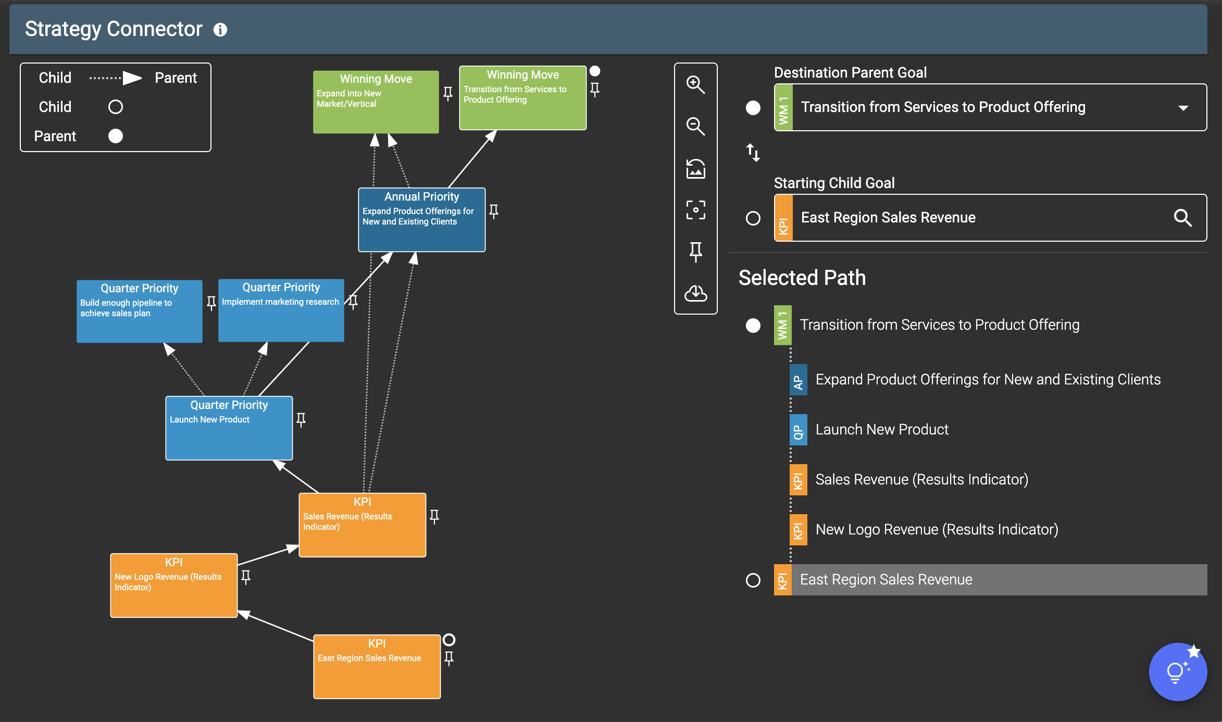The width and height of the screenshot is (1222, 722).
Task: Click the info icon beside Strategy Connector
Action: pyautogui.click(x=220, y=30)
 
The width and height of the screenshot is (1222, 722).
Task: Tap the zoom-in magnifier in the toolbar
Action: pyautogui.click(x=695, y=84)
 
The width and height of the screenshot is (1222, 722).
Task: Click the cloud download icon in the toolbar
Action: pyautogui.click(x=695, y=293)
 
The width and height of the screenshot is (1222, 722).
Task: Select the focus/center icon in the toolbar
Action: pyautogui.click(x=695, y=210)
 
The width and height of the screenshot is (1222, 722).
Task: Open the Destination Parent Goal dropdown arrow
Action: pyautogui.click(x=1183, y=108)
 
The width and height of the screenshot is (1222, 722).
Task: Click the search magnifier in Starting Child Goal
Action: pyautogui.click(x=1183, y=218)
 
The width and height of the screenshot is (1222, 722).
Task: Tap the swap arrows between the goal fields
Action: pyautogui.click(x=753, y=153)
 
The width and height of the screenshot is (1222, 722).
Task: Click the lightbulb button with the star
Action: pyautogui.click(x=1178, y=672)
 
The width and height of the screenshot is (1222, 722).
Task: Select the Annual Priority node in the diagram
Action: pyautogui.click(x=422, y=220)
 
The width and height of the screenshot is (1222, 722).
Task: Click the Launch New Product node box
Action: pyautogui.click(x=229, y=428)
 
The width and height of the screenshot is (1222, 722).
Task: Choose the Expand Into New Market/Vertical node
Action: pyautogui.click(x=376, y=102)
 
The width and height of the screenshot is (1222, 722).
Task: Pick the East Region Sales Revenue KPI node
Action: pyautogui.click(x=377, y=667)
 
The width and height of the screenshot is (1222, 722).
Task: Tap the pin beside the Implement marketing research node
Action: pyautogui.click(x=353, y=302)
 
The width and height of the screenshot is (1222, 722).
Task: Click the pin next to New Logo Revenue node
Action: pyautogui.click(x=246, y=577)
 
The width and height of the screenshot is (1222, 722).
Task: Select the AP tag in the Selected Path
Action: pyautogui.click(x=798, y=380)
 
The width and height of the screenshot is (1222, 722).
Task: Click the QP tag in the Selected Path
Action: pyautogui.click(x=798, y=430)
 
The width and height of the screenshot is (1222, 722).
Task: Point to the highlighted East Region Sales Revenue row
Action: pyautogui.click(x=990, y=580)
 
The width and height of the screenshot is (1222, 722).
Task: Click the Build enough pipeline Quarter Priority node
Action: pyautogui.click(x=140, y=312)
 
